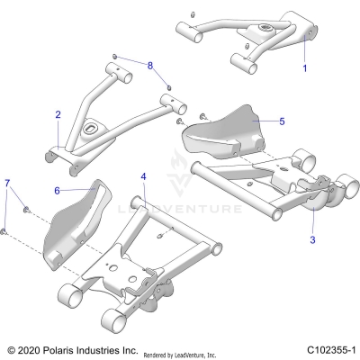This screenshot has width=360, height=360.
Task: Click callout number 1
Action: pos(304,68)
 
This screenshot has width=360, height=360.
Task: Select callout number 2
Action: pos(58,114)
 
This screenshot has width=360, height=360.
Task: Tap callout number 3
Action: pos(312,240)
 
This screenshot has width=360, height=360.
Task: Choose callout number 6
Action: pos(57,191)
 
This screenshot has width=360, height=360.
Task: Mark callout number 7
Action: pos(8,184)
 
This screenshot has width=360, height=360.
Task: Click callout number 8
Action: pos(151,66)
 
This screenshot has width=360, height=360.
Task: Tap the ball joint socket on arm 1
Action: pos(267,32)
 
